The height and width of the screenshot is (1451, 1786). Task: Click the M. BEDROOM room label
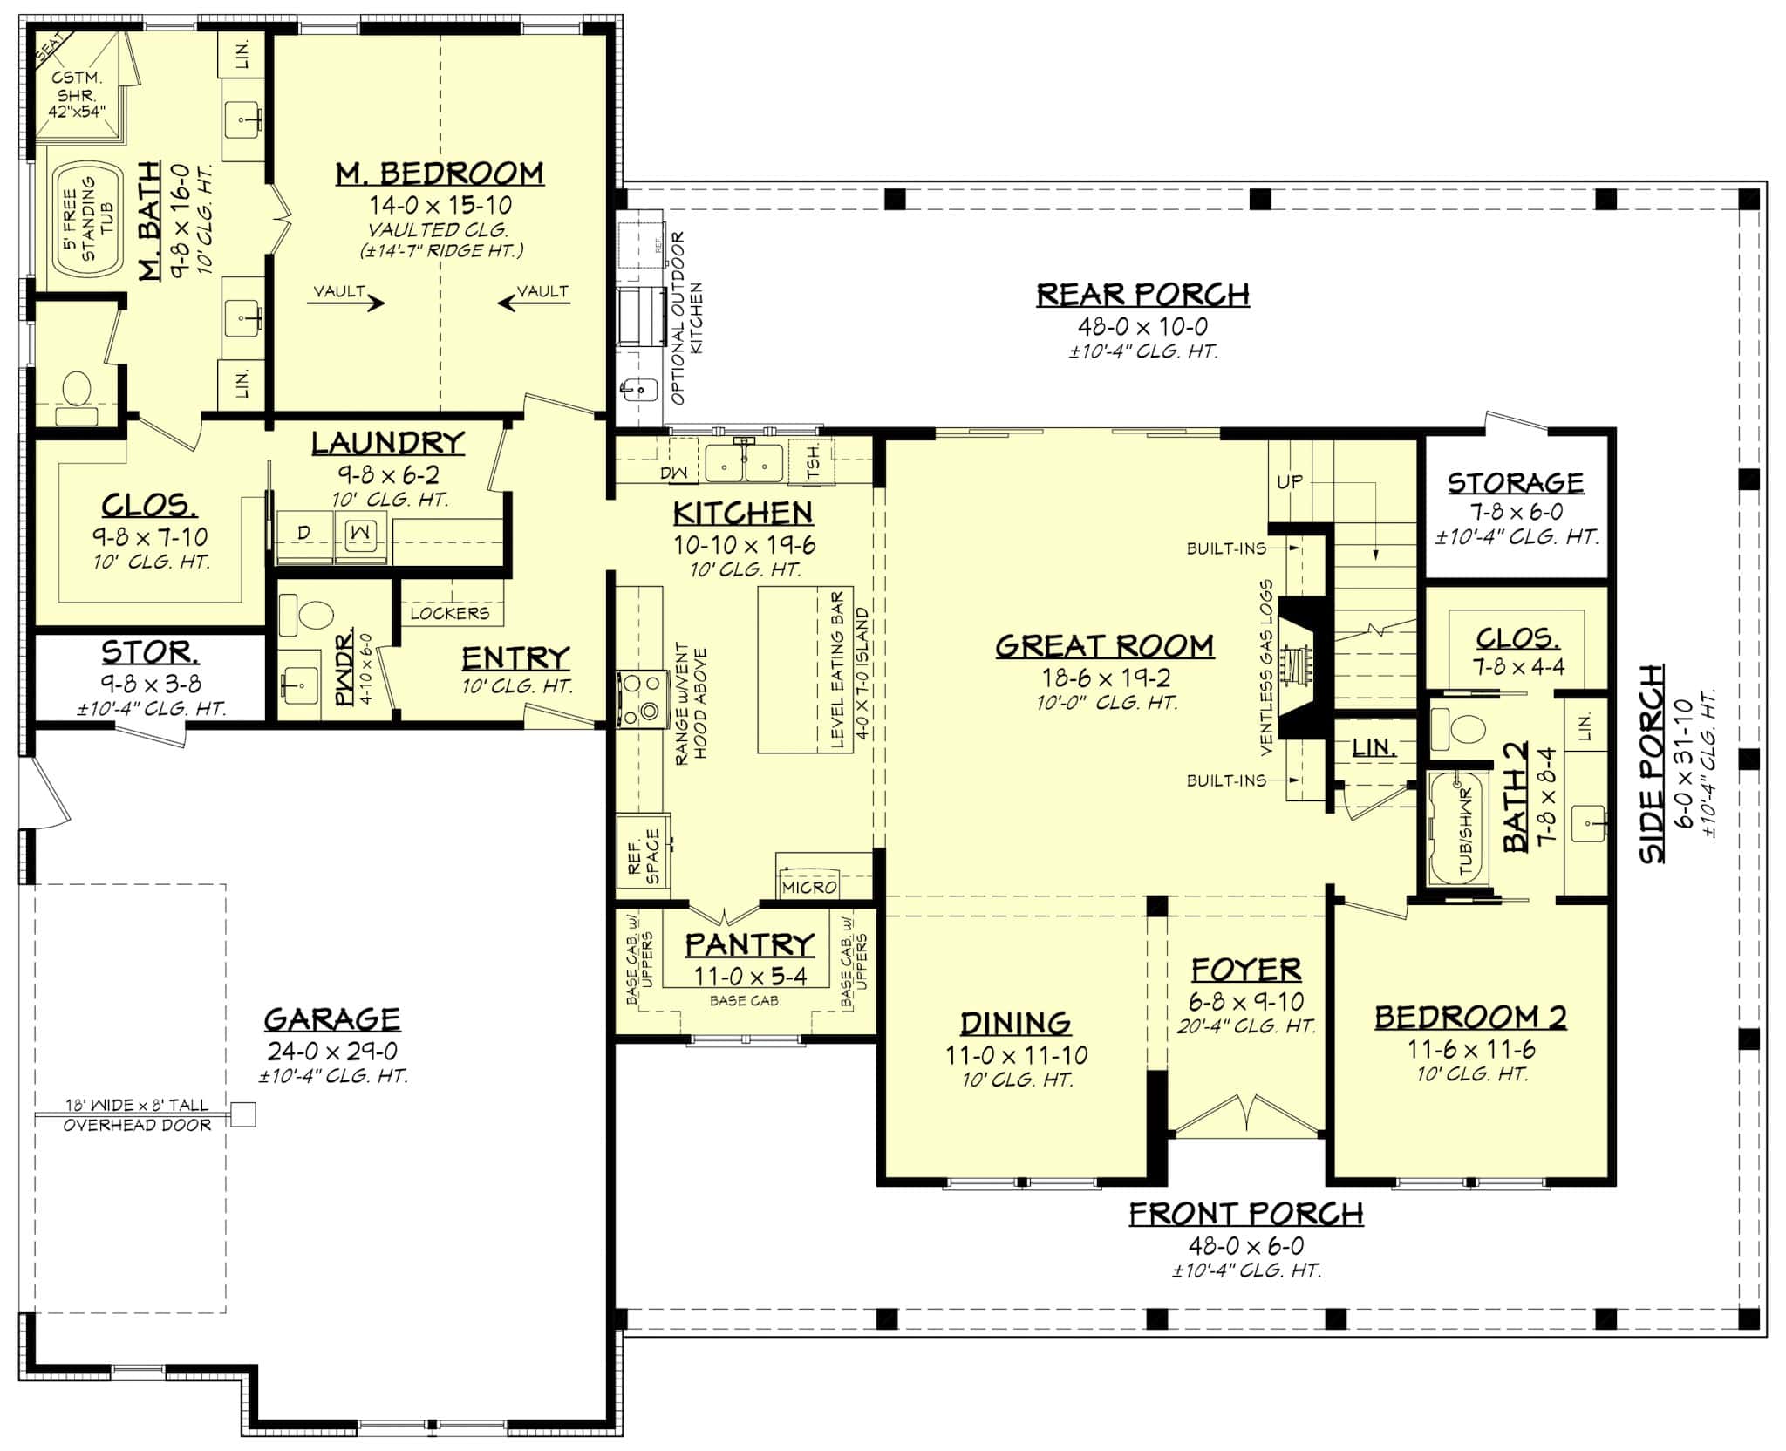(440, 174)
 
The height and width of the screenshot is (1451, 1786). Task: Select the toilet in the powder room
(309, 617)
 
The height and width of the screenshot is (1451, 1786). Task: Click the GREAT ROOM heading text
(1104, 646)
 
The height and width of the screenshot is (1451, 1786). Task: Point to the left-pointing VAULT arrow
(534, 302)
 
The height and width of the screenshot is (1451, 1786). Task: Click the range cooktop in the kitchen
(640, 698)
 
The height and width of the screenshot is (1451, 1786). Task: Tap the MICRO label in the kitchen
(808, 887)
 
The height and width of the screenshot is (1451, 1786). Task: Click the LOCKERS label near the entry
(450, 613)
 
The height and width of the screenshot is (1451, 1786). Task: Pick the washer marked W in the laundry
(361, 532)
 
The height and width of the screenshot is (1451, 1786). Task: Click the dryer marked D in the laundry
(304, 532)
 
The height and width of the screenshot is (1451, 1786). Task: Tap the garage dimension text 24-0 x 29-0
(332, 1052)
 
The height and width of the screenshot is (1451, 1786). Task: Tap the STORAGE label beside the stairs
(1516, 483)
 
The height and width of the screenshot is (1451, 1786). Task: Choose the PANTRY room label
(749, 944)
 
